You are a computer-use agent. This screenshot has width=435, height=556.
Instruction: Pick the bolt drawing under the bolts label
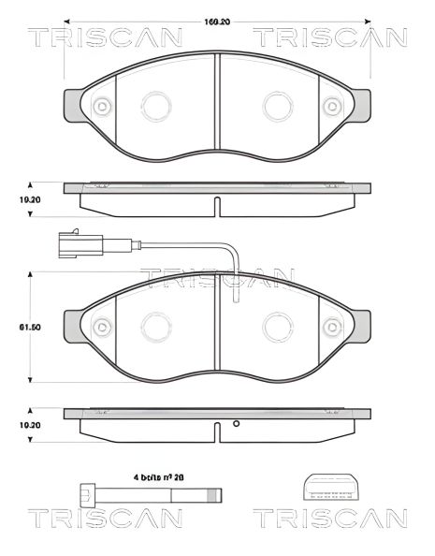coord(150,493)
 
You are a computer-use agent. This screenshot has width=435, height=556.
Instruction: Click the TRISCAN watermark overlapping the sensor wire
coord(217,278)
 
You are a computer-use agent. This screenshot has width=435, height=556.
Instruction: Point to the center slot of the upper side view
coord(217,204)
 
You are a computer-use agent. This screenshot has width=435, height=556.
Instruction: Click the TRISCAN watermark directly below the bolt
coord(102,519)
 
